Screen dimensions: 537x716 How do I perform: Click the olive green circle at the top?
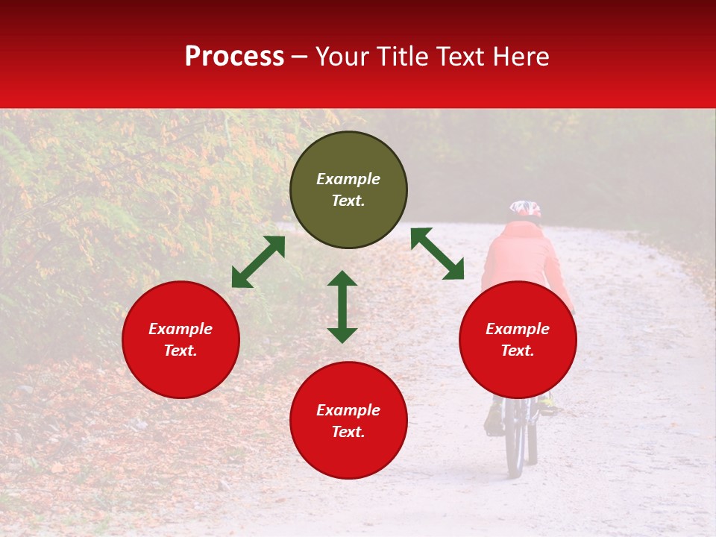point(348,190)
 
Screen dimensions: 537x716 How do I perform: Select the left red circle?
point(180,340)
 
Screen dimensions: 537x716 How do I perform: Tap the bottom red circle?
point(348,421)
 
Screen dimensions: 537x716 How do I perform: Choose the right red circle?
point(518,340)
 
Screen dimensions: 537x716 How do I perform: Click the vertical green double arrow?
point(342,307)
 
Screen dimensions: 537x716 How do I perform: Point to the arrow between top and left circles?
point(258,262)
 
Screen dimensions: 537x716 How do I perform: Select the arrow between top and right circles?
point(437,254)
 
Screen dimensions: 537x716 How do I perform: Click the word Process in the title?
point(234,56)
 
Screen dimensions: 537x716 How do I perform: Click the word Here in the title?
point(521,56)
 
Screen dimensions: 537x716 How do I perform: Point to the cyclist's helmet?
point(525,209)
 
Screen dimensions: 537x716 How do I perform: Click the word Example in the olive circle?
point(348,179)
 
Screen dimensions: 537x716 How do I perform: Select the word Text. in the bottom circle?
point(348,432)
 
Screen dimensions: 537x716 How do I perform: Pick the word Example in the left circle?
point(180,329)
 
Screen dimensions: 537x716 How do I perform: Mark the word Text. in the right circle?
point(518,351)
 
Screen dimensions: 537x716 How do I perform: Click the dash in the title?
point(300,57)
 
